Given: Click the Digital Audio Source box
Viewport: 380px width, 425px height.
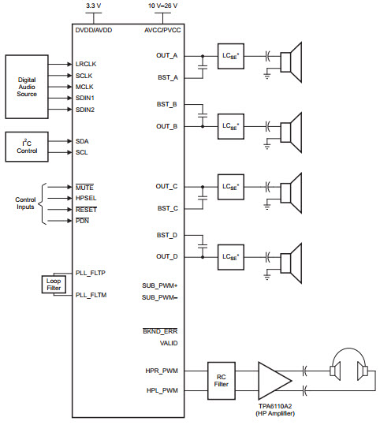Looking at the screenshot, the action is [27, 87].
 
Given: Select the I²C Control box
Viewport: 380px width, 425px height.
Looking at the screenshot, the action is [27, 147].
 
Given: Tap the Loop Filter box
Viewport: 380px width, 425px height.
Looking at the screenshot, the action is [54, 285].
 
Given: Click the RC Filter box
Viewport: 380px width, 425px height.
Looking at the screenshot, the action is [222, 381].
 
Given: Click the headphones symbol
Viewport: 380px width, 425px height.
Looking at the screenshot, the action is [349, 364].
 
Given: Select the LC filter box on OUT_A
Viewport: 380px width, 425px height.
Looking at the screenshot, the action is [231, 56].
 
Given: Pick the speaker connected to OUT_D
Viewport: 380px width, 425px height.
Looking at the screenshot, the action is [291, 263].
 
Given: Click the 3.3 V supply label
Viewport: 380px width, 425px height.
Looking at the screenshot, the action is [94, 6].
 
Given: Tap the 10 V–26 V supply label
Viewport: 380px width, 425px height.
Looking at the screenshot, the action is [162, 6].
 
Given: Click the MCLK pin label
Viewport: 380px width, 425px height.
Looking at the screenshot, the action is [84, 87].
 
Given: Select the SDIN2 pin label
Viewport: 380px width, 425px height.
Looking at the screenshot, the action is [85, 110].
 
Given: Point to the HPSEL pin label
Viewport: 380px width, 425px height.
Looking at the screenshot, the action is [86, 198].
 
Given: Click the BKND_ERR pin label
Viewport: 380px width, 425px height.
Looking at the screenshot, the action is [160, 331].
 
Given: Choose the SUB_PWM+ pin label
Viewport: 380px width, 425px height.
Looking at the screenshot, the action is [159, 285].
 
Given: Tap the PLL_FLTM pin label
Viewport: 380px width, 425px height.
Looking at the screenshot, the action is [91, 295].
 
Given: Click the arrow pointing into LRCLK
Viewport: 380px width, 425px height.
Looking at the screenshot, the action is [60, 64].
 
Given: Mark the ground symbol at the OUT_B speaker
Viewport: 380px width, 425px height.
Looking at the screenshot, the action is [267, 147].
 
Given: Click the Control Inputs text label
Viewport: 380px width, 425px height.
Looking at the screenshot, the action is [25, 203].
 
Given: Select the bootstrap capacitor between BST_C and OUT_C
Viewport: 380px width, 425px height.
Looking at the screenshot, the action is [203, 198].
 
